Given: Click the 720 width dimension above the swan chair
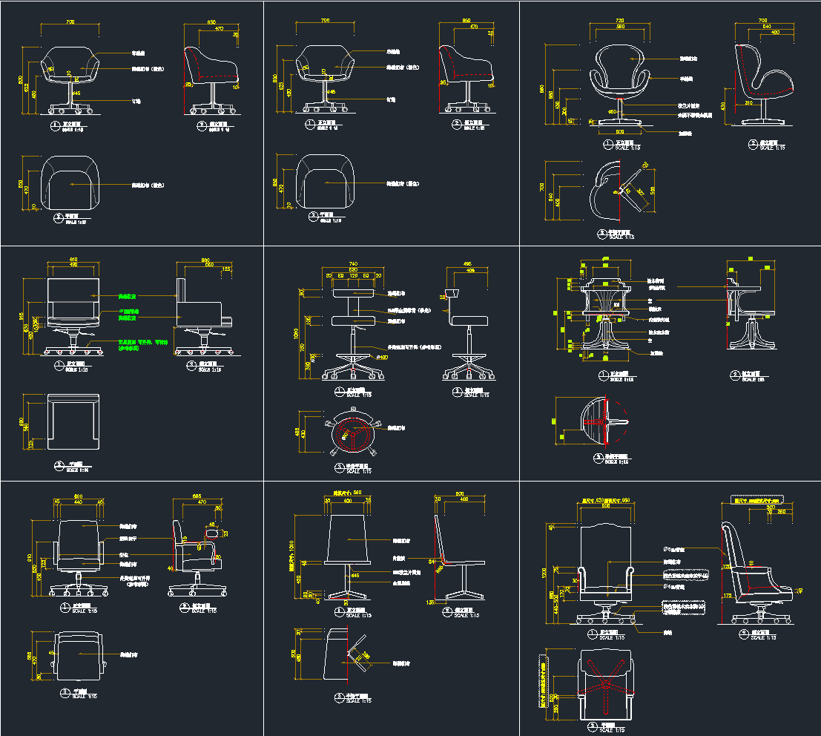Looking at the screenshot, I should tap(619, 21).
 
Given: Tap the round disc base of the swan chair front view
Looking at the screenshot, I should tap(619, 121).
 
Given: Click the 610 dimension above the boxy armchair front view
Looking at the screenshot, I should tap(73, 258).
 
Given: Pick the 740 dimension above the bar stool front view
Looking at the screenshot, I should tap(353, 263).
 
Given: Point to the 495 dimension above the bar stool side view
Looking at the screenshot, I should tap(468, 263).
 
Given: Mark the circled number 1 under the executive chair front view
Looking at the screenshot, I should tap(592, 634).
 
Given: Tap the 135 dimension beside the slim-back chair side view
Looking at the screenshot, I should tap(431, 603).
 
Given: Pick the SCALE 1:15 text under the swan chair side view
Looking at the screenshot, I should tap(772, 147).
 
